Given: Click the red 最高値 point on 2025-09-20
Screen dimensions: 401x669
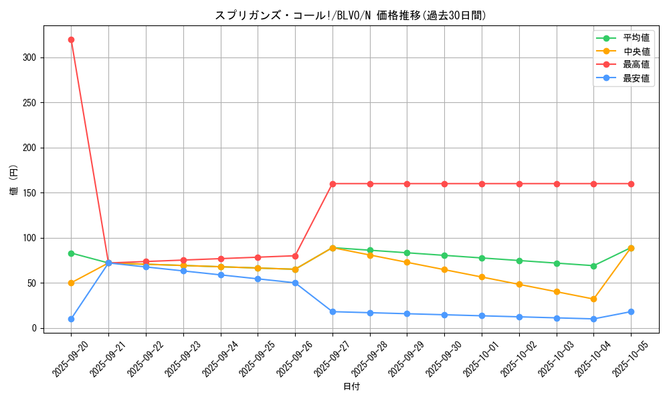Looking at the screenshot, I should pos(71,39).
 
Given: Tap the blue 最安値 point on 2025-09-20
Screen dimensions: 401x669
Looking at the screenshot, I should pos(71,319).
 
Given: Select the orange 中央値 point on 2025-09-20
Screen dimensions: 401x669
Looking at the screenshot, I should pos(71,283).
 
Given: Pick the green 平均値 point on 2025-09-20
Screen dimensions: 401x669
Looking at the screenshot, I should pos(71,253).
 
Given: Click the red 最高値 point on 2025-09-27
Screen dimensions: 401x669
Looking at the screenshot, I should pos(332,184).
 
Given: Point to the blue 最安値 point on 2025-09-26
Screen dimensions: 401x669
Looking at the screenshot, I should pos(295,283).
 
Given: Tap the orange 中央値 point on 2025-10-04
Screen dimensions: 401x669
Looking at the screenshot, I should pos(593,299).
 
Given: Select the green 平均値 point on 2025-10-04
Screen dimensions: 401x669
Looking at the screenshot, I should pos(593,266).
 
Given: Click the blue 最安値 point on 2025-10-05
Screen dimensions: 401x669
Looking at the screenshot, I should pos(631,311).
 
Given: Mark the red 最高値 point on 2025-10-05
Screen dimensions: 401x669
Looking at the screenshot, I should pos(631,184).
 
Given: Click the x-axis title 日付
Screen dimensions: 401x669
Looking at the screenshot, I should pos(351,387).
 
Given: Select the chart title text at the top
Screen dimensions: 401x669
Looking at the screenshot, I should pos(351,15).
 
